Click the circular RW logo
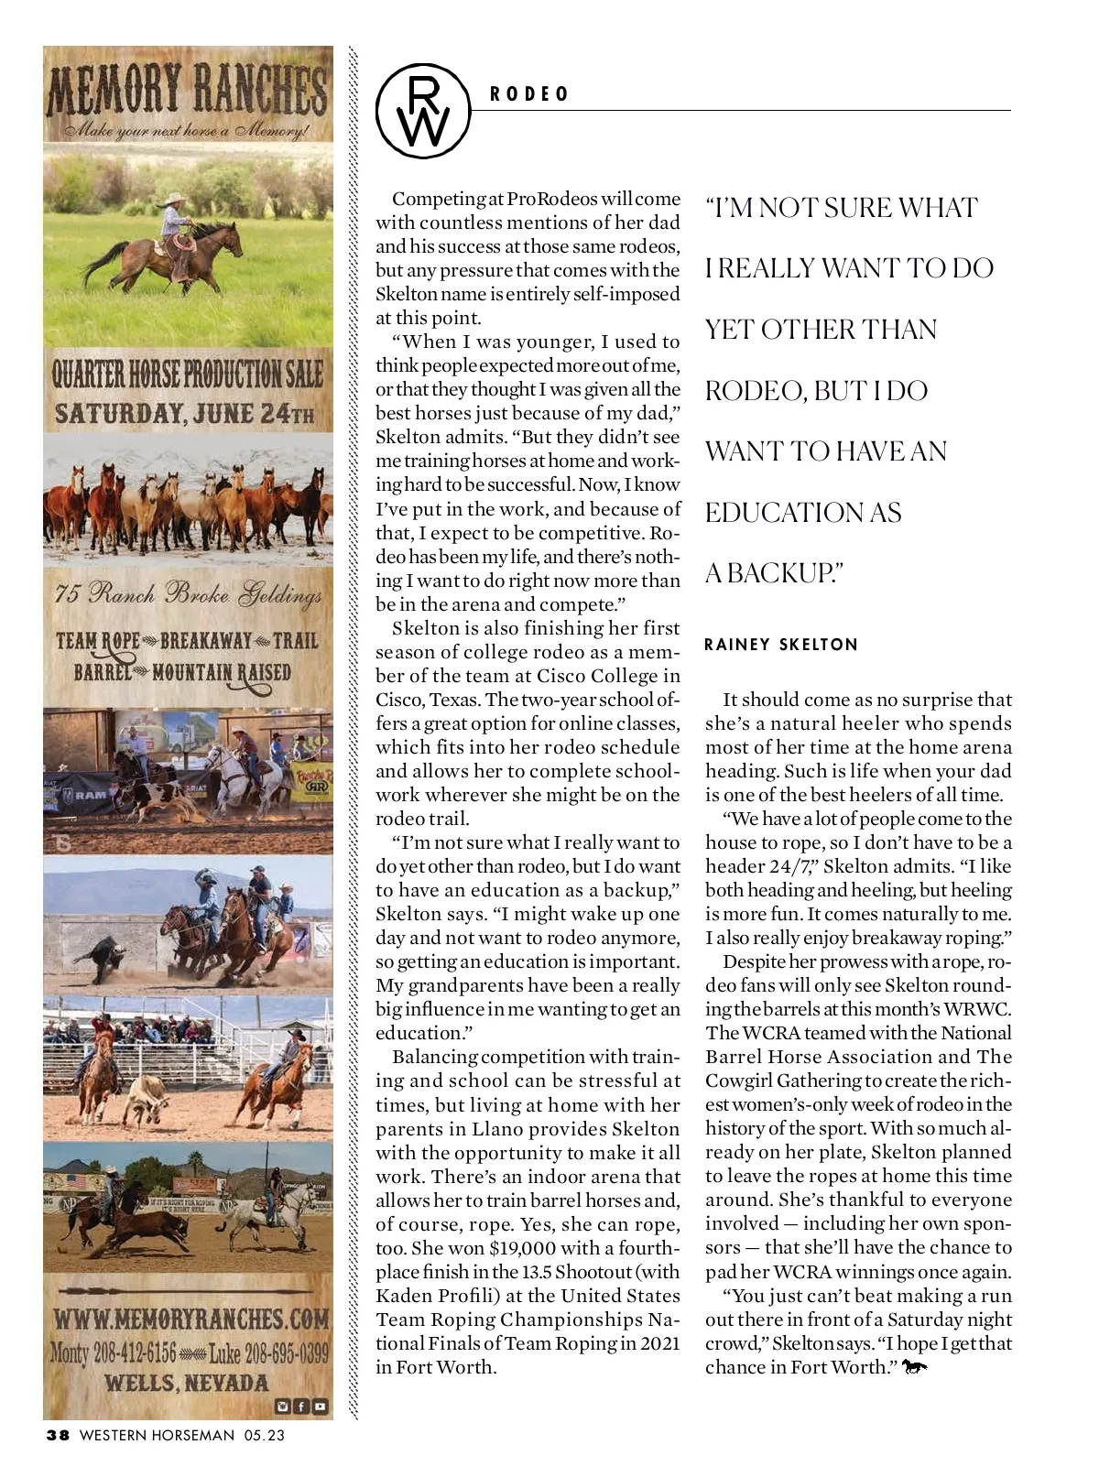pos(422,111)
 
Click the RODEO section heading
pos(529,94)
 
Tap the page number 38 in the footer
pos(58,1435)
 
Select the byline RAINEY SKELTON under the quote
pos(781,645)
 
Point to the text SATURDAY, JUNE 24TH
pos(184,413)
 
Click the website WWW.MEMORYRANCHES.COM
pos(190,1320)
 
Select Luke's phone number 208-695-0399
pos(268,1352)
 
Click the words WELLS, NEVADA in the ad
pos(187,1383)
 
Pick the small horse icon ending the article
pos(914,1367)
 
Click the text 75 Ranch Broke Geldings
pos(188,594)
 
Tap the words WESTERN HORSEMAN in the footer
pos(157,1435)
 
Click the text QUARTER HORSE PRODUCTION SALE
pos(187,374)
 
